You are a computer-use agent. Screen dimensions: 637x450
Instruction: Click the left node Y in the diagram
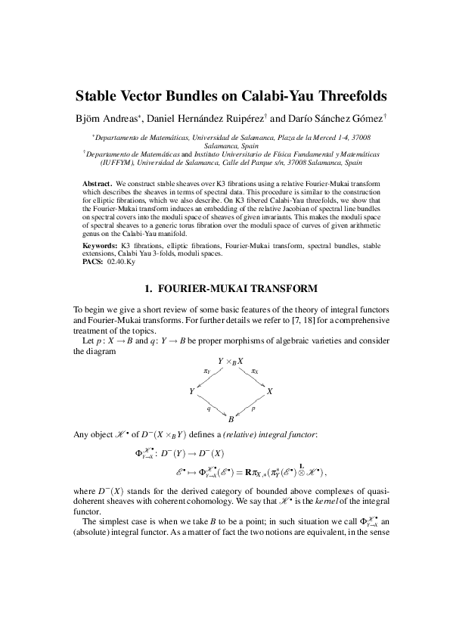[191, 391]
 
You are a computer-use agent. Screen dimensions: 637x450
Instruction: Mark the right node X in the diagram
[270, 391]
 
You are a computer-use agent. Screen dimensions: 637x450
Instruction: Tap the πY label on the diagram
[206, 371]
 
